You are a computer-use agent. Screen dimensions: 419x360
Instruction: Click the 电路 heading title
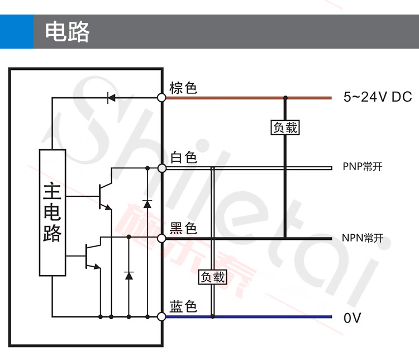point(67,32)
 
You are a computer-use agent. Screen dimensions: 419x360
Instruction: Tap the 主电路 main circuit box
point(53,212)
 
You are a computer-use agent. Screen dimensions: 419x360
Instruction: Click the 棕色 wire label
point(183,88)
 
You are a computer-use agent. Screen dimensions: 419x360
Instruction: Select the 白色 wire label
point(184,157)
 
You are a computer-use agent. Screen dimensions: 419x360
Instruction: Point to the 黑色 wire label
point(183,228)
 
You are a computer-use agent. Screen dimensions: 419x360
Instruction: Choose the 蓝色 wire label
point(183,306)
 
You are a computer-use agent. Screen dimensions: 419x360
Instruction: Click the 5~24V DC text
point(378,97)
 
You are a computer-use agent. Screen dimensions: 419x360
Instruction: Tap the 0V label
point(352,318)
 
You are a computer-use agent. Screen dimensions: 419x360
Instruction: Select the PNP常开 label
point(363,167)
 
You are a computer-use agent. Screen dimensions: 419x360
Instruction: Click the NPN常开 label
point(363,238)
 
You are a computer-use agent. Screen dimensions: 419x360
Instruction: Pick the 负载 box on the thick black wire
point(285,127)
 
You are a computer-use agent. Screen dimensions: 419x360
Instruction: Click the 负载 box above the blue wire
point(213,277)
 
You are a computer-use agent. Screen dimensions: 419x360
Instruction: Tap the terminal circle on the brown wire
point(161,98)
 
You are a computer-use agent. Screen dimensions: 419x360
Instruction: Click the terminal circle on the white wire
point(161,168)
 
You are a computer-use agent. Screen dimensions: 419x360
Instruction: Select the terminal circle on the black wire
point(161,238)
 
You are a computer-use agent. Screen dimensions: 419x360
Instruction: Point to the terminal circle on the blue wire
point(161,316)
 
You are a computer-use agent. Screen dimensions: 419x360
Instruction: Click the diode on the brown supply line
point(111,98)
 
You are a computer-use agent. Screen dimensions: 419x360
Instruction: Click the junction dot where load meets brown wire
point(285,98)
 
